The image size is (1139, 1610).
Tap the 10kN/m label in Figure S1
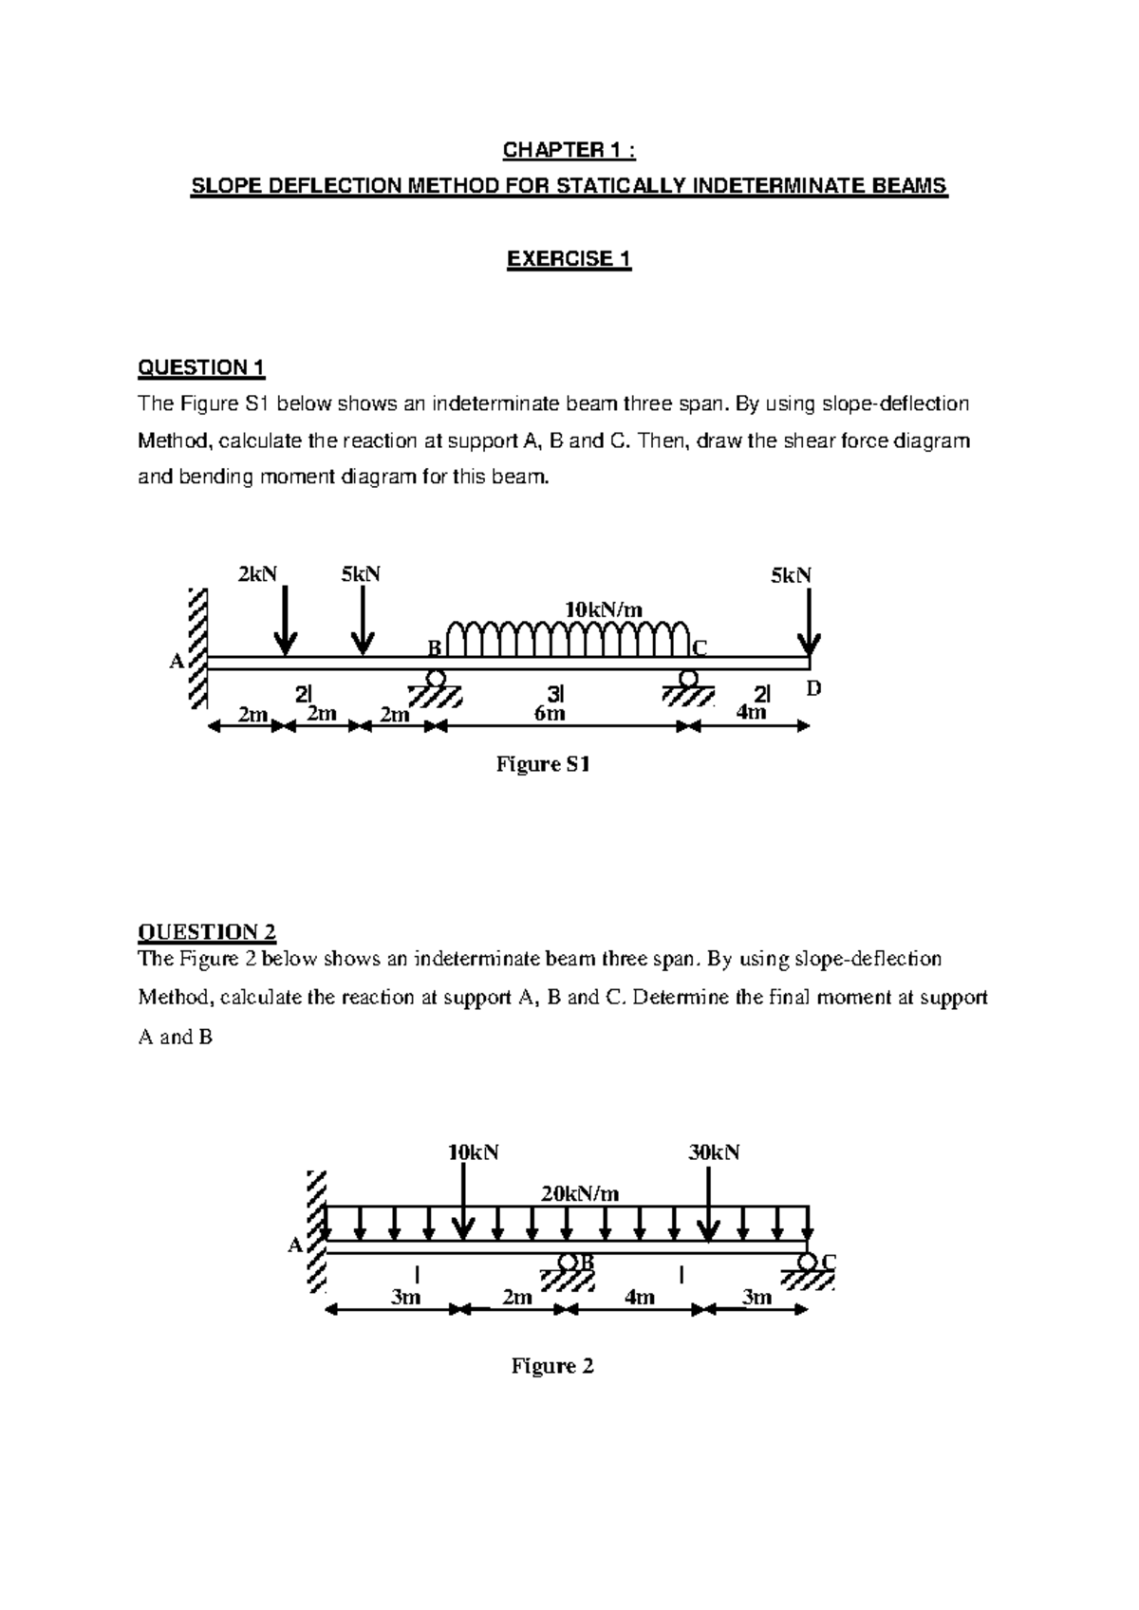click(604, 609)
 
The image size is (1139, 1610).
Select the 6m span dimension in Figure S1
click(550, 713)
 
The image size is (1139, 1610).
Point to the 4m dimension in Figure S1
click(751, 712)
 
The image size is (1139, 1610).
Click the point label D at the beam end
click(812, 688)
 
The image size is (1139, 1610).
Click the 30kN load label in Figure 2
click(714, 1152)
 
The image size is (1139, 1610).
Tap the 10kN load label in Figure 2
click(473, 1152)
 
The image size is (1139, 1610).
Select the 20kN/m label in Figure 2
click(580, 1193)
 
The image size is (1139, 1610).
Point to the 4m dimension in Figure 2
click(640, 1297)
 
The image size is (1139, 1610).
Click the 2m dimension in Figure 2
click(516, 1297)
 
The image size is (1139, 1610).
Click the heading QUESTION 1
click(201, 367)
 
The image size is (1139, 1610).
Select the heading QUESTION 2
click(207, 931)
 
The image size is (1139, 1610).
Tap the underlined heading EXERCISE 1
click(569, 259)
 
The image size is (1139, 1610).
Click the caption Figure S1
click(544, 764)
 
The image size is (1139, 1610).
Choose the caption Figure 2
click(552, 1366)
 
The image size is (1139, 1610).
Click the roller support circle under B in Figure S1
click(436, 678)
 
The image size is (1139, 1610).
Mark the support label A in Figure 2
click(295, 1245)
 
